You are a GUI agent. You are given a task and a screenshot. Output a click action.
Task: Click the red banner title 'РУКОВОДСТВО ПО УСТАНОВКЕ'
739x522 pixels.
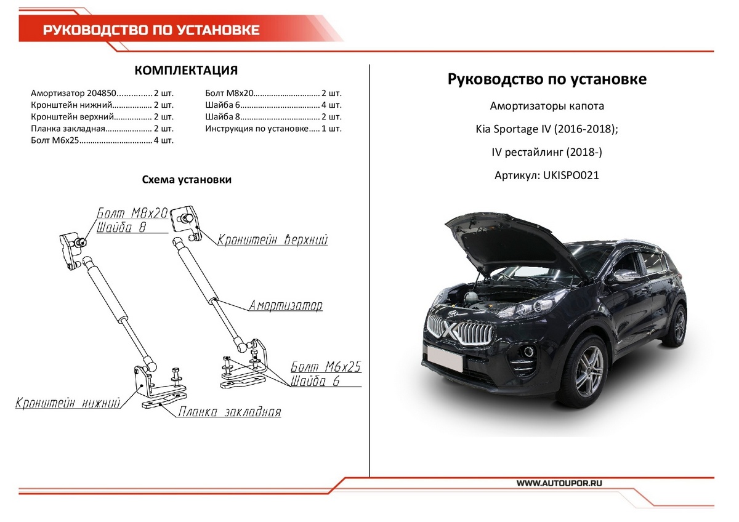pyautogui.click(x=151, y=30)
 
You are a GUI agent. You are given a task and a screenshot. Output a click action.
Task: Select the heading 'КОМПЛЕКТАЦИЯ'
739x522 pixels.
pyautogui.click(x=186, y=70)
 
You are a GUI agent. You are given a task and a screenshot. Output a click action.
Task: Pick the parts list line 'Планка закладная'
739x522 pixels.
pyautogui.click(x=102, y=129)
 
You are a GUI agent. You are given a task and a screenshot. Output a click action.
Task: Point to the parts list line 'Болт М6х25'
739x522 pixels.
pyautogui.click(x=102, y=141)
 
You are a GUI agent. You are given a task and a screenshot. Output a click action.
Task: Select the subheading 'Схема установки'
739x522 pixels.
pyautogui.click(x=187, y=180)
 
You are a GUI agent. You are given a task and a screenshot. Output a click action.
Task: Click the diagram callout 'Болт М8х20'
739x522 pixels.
pyautogui.click(x=132, y=213)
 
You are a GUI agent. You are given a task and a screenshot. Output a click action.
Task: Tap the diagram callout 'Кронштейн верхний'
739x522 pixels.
pyautogui.click(x=272, y=239)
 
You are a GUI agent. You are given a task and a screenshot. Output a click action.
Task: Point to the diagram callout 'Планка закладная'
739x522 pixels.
pyautogui.click(x=229, y=412)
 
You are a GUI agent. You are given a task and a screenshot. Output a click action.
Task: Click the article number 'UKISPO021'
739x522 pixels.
pyautogui.click(x=570, y=175)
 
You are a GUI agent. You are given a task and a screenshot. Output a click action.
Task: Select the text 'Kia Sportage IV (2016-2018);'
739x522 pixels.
pyautogui.click(x=546, y=129)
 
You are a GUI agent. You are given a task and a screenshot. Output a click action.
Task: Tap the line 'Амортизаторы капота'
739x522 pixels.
pyautogui.click(x=546, y=106)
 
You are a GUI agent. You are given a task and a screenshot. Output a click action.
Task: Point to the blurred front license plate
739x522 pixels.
pyautogui.click(x=445, y=358)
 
